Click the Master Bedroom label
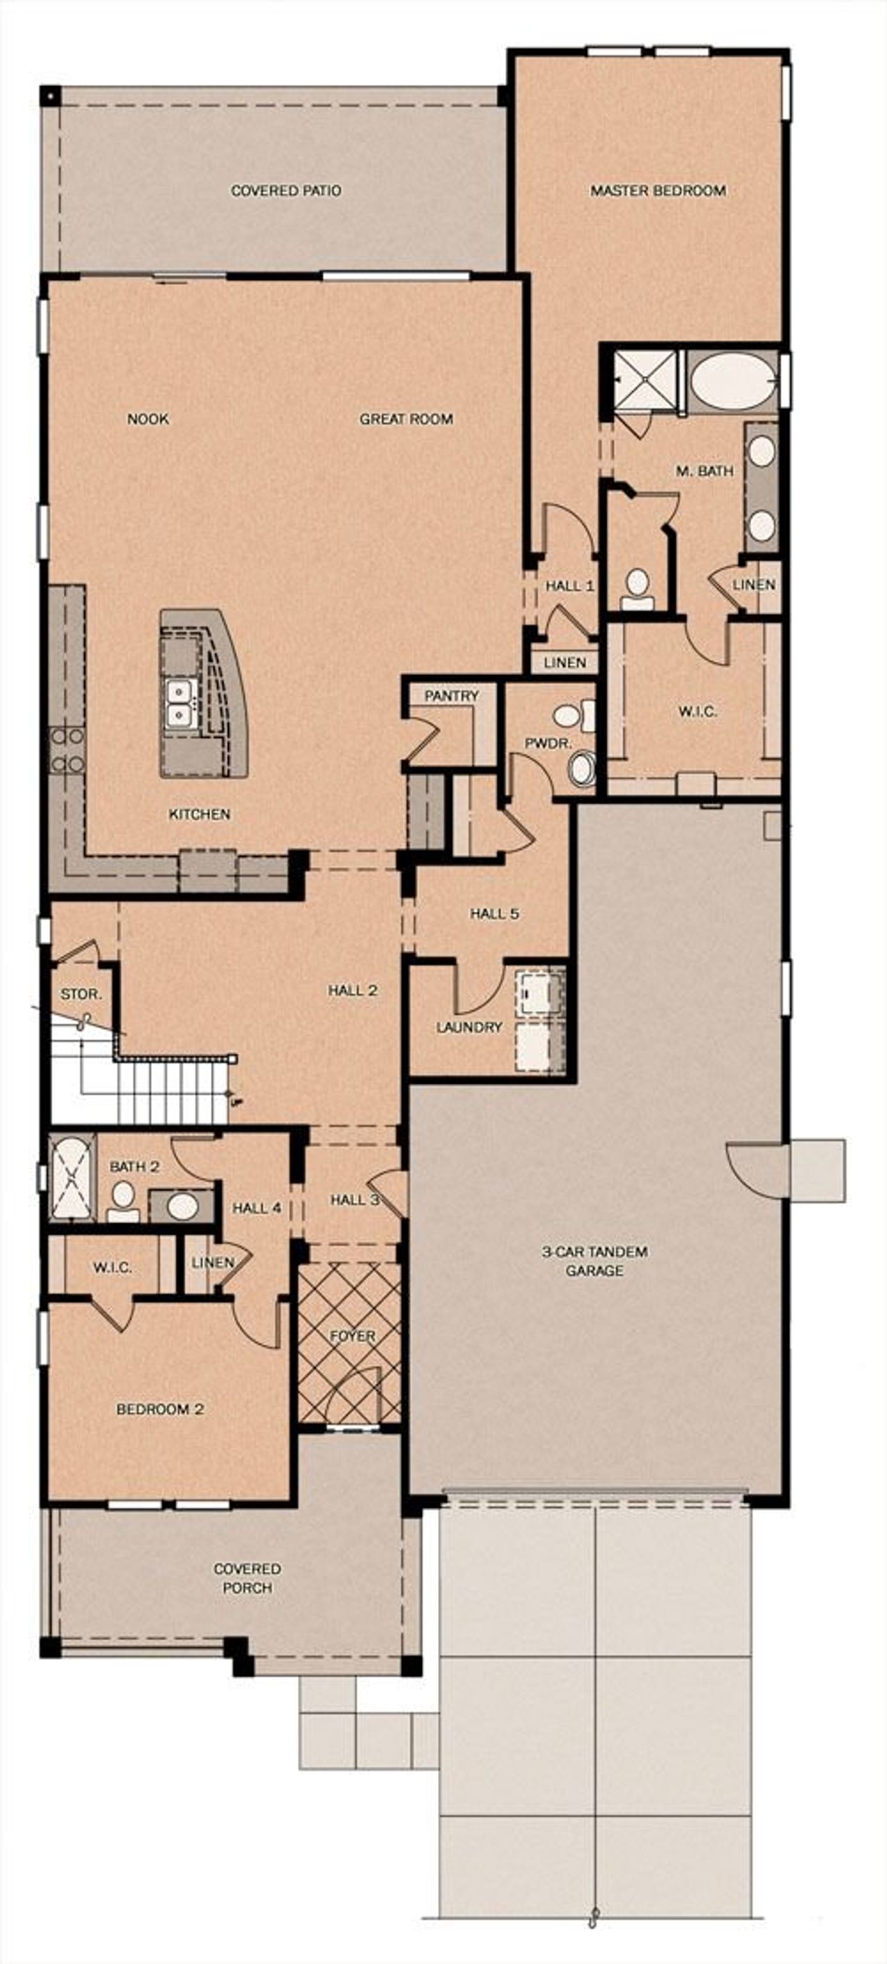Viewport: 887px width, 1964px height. pos(658,191)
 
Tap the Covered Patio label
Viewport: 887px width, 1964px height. pos(286,191)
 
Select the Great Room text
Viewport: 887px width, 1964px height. pos(406,419)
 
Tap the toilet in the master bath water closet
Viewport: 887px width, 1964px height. pos(637,589)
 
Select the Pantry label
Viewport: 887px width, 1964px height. pos(452,695)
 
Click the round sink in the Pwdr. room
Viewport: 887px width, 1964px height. pos(582,769)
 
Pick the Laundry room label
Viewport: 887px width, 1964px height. pos(469,1027)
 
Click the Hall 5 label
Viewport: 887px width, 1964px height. pos(494,913)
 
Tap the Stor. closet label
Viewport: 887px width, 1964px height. pos(81,994)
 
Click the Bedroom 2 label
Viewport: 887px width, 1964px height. pos(160,1409)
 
